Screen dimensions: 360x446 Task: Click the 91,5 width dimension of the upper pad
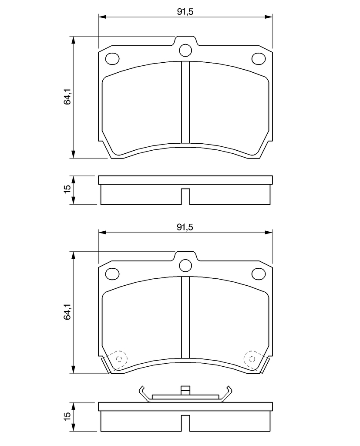(x=185, y=12)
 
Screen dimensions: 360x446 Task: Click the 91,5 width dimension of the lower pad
(x=185, y=227)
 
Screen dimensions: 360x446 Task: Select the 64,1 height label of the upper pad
(x=67, y=97)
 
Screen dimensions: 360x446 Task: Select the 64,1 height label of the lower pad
(x=67, y=312)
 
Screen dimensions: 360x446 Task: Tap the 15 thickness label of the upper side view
(x=67, y=189)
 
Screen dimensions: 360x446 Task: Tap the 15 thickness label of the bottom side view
(x=67, y=416)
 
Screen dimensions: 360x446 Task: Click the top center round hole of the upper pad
(x=185, y=51)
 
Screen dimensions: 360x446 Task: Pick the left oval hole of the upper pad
(x=112, y=59)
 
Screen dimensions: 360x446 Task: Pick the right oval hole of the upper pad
(x=259, y=59)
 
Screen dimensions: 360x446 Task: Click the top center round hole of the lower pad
(x=185, y=265)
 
